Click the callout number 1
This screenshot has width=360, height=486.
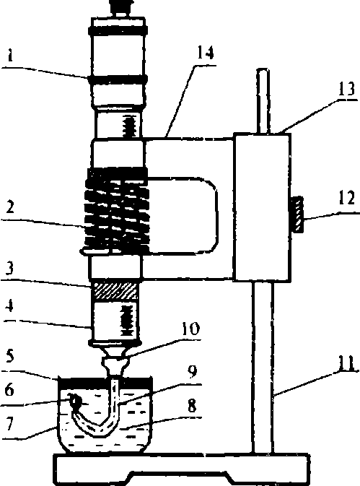click(10, 56)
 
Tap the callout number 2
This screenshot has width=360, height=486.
click(10, 207)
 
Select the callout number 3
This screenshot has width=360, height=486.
click(10, 269)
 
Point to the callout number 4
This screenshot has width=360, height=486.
click(9, 306)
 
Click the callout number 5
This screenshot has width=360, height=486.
click(10, 356)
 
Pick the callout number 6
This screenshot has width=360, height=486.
click(9, 389)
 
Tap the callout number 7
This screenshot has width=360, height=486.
click(9, 424)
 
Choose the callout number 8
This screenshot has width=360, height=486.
click(192, 405)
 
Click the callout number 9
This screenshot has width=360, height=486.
click(192, 371)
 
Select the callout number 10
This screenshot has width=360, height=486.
click(190, 329)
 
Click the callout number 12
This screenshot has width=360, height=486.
click(346, 198)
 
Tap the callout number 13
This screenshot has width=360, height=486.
click(346, 90)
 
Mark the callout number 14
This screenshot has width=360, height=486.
click(205, 52)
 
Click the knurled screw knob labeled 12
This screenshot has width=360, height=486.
click(297, 214)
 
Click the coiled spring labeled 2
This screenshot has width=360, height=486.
click(117, 211)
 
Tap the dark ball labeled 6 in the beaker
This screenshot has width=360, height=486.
click(74, 402)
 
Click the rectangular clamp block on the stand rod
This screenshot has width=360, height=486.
click(262, 207)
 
